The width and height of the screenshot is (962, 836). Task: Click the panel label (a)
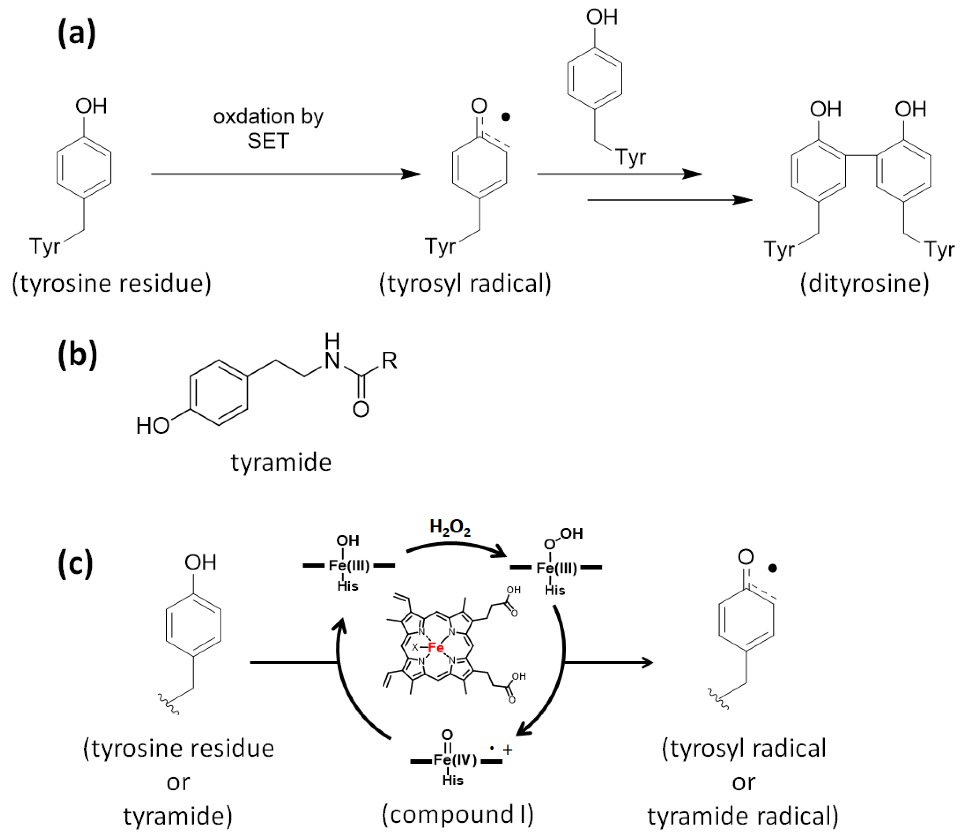click(x=77, y=33)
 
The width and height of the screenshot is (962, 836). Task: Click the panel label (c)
click(x=75, y=564)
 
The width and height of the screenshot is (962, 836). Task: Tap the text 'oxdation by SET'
click(x=268, y=128)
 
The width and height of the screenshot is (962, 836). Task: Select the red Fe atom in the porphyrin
click(x=436, y=648)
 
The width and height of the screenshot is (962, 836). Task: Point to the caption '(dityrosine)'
click(x=864, y=283)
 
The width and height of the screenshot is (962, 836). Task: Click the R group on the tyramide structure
click(x=389, y=361)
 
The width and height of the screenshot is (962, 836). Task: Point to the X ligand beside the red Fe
click(x=415, y=648)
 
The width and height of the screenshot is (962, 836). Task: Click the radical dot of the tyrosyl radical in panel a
click(x=505, y=117)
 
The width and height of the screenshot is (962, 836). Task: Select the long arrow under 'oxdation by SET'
click(x=285, y=174)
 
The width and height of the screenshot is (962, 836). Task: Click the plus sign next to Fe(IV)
click(x=508, y=750)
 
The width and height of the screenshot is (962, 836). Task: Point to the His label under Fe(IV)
click(x=452, y=781)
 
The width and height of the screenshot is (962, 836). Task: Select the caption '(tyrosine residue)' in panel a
click(x=112, y=283)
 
